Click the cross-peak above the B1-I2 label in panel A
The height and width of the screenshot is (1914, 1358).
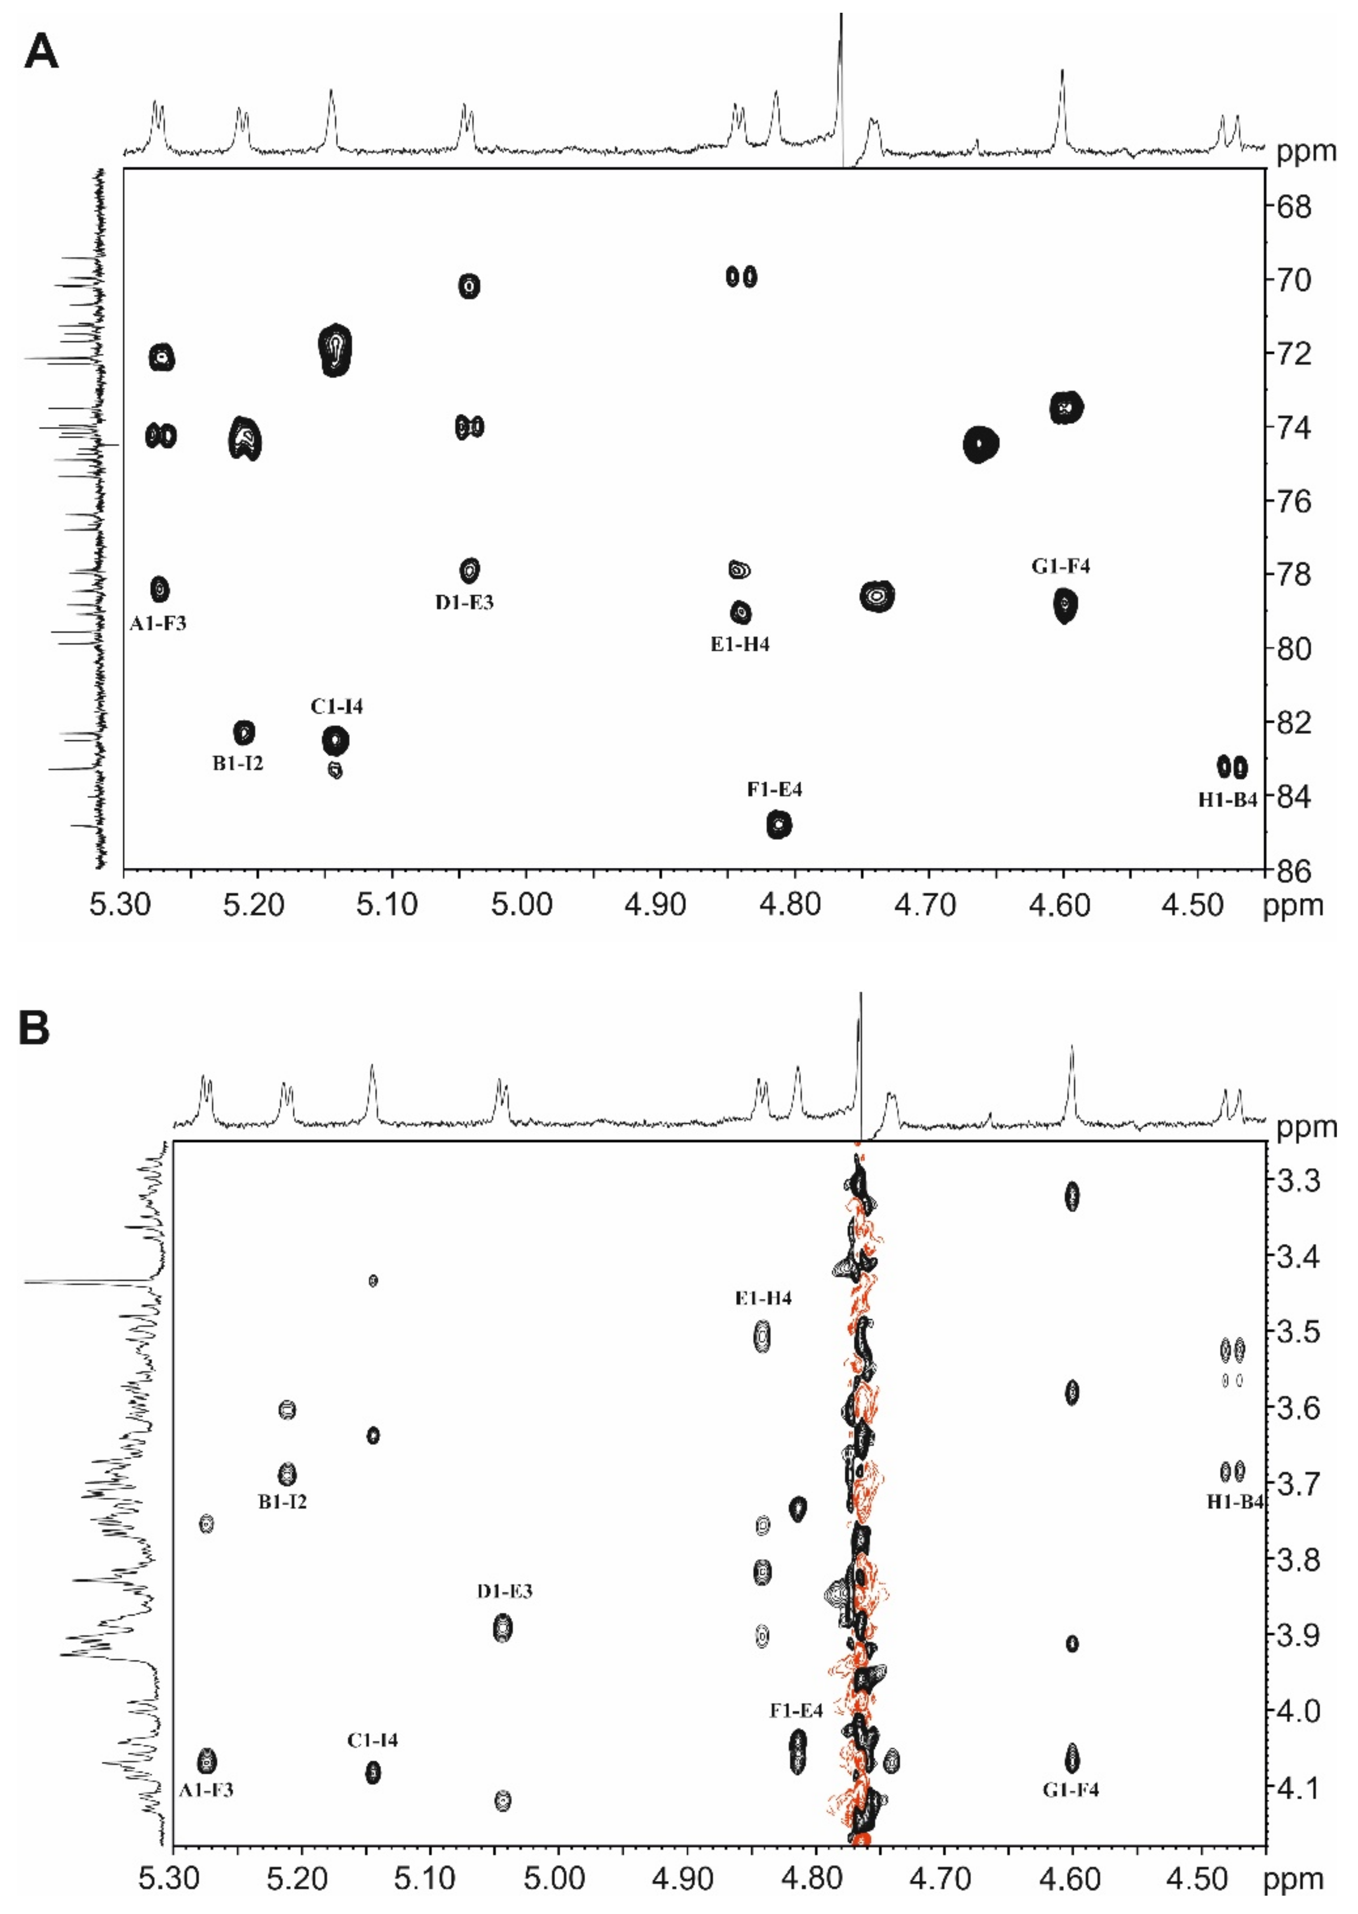[243, 732]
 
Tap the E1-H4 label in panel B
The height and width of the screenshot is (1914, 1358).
[763, 1298]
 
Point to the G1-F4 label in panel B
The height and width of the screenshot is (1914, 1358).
[1070, 1790]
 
